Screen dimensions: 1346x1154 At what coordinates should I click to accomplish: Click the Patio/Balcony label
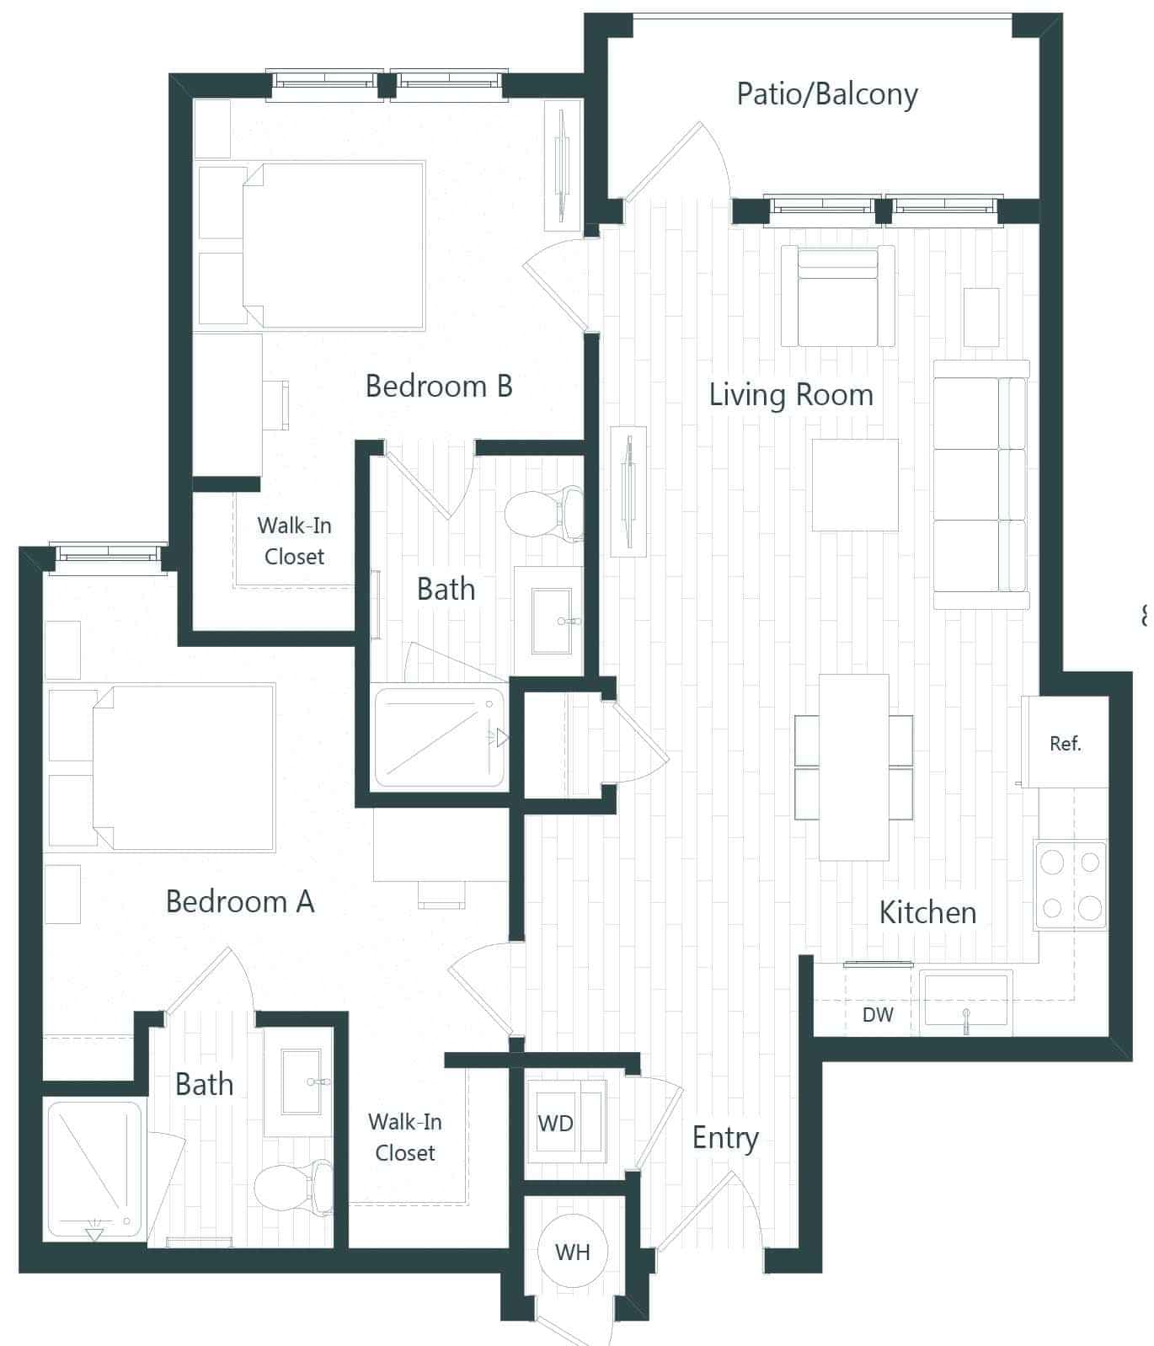coord(826,94)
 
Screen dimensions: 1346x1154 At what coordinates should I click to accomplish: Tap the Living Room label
coord(790,395)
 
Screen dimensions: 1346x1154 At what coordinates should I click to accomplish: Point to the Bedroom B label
coord(439,387)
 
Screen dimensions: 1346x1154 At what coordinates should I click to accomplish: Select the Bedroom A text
coord(240,902)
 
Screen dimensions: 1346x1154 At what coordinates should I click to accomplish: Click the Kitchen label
coord(927,913)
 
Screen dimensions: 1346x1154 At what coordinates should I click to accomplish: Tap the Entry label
coord(725,1138)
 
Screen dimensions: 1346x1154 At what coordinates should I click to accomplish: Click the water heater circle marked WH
coord(572,1253)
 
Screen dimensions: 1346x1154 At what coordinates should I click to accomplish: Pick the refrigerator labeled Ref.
coord(1066,743)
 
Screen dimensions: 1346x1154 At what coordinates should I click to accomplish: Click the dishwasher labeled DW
coord(878,1014)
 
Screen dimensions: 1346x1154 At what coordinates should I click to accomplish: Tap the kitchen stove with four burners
coord(1071,885)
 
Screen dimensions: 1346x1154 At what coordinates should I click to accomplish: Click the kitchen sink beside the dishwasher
coord(965,1001)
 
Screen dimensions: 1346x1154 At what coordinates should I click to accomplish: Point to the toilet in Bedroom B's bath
coord(544,512)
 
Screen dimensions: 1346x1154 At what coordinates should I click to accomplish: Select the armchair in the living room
coord(837,296)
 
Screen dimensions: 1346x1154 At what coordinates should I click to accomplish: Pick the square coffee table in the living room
coord(855,485)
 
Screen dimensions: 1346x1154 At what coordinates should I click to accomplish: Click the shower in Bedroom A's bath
coord(94,1169)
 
